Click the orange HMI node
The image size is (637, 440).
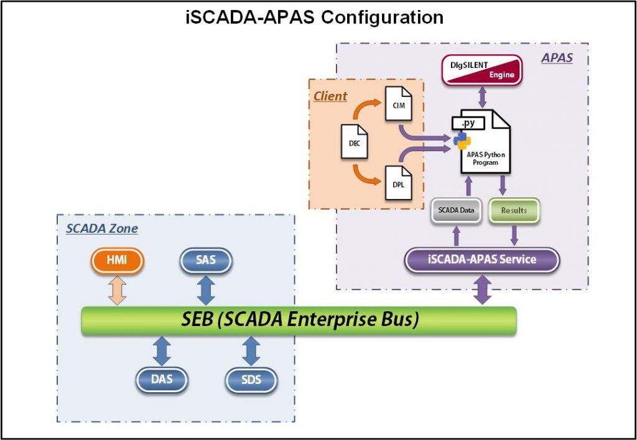click(x=116, y=260)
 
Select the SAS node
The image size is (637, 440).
click(x=206, y=260)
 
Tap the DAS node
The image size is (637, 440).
click(x=162, y=379)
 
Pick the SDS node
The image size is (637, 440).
click(x=251, y=379)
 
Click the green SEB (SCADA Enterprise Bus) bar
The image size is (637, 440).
click(x=299, y=320)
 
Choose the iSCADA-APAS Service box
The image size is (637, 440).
click(x=482, y=259)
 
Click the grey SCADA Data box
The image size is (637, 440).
click(x=457, y=210)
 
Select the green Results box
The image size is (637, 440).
click(x=514, y=210)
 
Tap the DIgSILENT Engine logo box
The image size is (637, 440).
click(x=481, y=69)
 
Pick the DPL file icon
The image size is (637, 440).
click(x=398, y=182)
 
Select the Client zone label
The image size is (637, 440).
click(x=330, y=96)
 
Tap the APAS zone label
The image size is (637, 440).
click(x=557, y=58)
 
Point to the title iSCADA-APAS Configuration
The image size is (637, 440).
click(x=315, y=17)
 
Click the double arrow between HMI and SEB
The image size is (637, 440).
click(x=116, y=290)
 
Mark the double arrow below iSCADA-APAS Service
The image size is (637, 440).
click(x=483, y=290)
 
